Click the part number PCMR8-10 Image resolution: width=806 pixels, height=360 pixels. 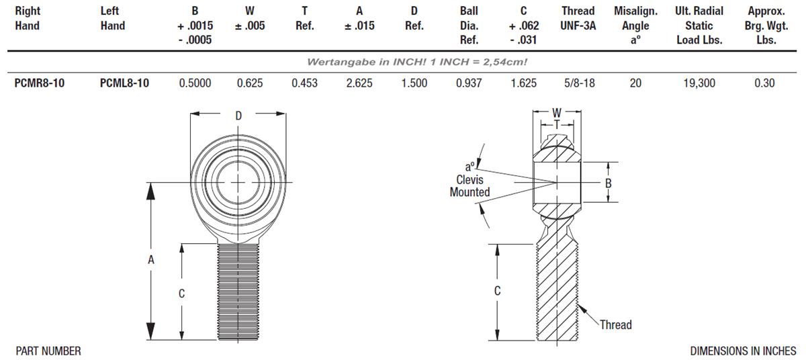40,83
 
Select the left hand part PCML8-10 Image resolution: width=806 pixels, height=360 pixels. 124,83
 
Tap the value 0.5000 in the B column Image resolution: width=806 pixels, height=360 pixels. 195,83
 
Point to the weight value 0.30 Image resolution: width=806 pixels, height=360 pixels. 764,83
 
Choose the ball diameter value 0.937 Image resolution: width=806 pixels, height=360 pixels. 469,83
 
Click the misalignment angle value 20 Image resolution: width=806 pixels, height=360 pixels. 635,83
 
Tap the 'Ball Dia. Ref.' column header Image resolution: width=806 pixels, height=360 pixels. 469,26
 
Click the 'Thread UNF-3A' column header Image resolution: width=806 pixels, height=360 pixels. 578,19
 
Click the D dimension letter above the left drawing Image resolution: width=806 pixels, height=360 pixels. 238,116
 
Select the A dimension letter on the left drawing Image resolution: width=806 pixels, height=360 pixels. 151,260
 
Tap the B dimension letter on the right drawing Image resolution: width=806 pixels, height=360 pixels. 608,183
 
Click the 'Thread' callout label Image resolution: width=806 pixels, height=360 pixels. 615,325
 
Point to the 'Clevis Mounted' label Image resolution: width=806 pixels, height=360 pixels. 469,186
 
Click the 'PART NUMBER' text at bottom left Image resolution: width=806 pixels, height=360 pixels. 48,351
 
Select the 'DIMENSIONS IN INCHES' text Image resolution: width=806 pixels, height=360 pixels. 743,351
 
